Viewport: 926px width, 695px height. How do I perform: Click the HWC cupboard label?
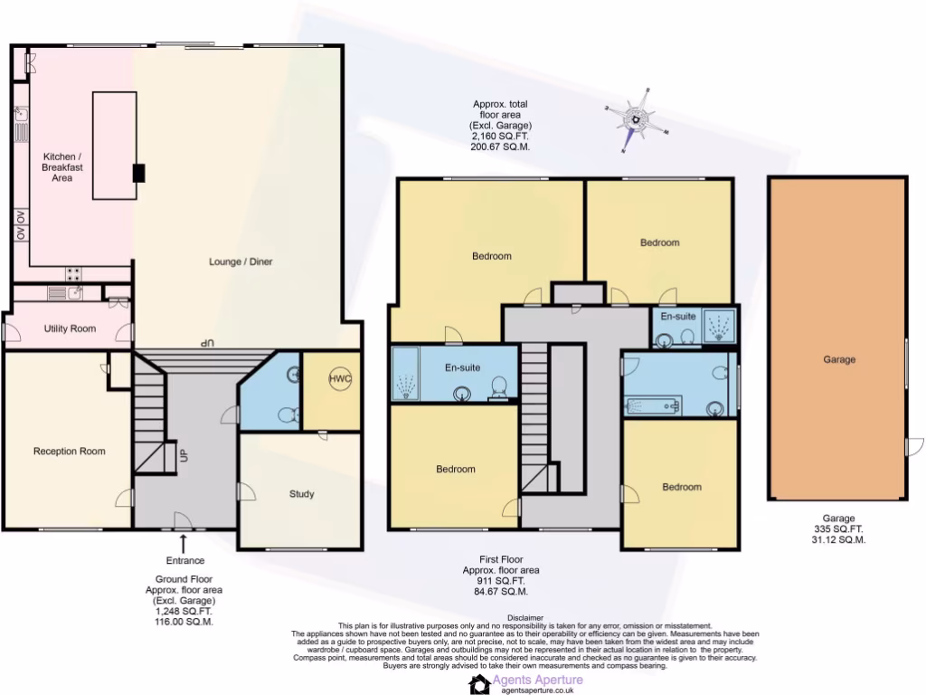339,378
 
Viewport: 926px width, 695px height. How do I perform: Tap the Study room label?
302,494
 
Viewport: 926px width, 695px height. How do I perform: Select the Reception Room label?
69,452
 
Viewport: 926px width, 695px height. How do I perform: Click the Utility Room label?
70,328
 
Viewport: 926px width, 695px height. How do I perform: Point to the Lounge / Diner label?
241,262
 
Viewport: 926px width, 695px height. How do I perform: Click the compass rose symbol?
638,119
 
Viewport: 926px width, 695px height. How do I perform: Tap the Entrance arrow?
184,542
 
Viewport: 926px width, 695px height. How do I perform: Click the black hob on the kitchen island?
138,173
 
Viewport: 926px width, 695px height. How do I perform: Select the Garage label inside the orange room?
838,359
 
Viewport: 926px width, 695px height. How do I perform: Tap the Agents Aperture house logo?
479,684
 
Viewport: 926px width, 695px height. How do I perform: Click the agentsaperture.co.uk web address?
539,690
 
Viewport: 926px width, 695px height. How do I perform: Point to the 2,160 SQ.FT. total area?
500,136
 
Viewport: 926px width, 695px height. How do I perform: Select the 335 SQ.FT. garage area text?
838,529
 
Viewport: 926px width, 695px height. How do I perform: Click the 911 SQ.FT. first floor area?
500,581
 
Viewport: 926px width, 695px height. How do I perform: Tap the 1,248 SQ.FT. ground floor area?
184,612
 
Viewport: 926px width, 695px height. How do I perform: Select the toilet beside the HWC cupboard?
288,415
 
